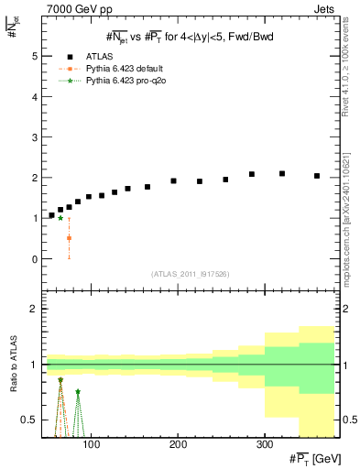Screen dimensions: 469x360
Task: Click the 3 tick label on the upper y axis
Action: pyautogui.click(x=33, y=137)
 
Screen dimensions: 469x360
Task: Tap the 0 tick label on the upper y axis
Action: pyautogui.click(x=33, y=259)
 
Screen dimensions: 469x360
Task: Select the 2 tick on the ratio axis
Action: pyautogui.click(x=33, y=309)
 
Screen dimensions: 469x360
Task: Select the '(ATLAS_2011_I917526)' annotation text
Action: pyautogui.click(x=190, y=275)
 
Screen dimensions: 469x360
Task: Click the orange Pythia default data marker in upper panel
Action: pyautogui.click(x=69, y=237)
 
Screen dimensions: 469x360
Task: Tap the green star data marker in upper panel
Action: pyautogui.click(x=60, y=218)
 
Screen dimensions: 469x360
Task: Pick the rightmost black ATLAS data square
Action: pyautogui.click(x=317, y=176)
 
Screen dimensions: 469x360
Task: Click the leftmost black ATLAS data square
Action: pyautogui.click(x=51, y=215)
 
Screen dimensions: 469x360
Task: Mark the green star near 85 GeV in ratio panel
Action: pyautogui.click(x=78, y=392)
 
